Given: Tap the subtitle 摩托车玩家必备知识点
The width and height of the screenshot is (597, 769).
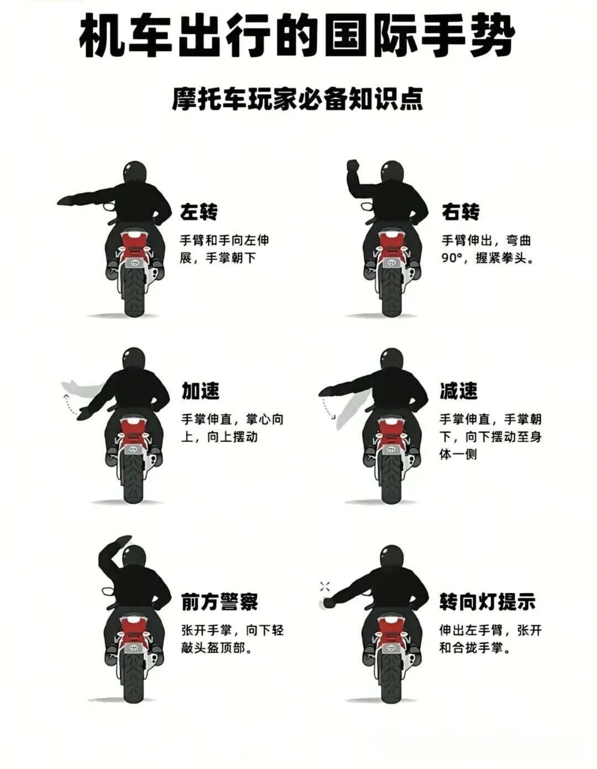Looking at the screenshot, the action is point(297,100).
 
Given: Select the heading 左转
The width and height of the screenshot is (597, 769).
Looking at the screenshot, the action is point(199,212).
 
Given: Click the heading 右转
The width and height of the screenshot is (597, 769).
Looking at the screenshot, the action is point(460,212).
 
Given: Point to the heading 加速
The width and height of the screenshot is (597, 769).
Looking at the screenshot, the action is point(201,391).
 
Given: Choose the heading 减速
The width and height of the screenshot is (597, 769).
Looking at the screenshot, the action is point(458,391).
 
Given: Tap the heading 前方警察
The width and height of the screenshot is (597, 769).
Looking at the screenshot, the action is point(219,601).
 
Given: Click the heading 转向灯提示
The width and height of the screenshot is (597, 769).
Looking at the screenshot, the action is point(488,601).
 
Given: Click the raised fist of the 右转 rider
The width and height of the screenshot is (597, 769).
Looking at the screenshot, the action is point(353,166).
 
